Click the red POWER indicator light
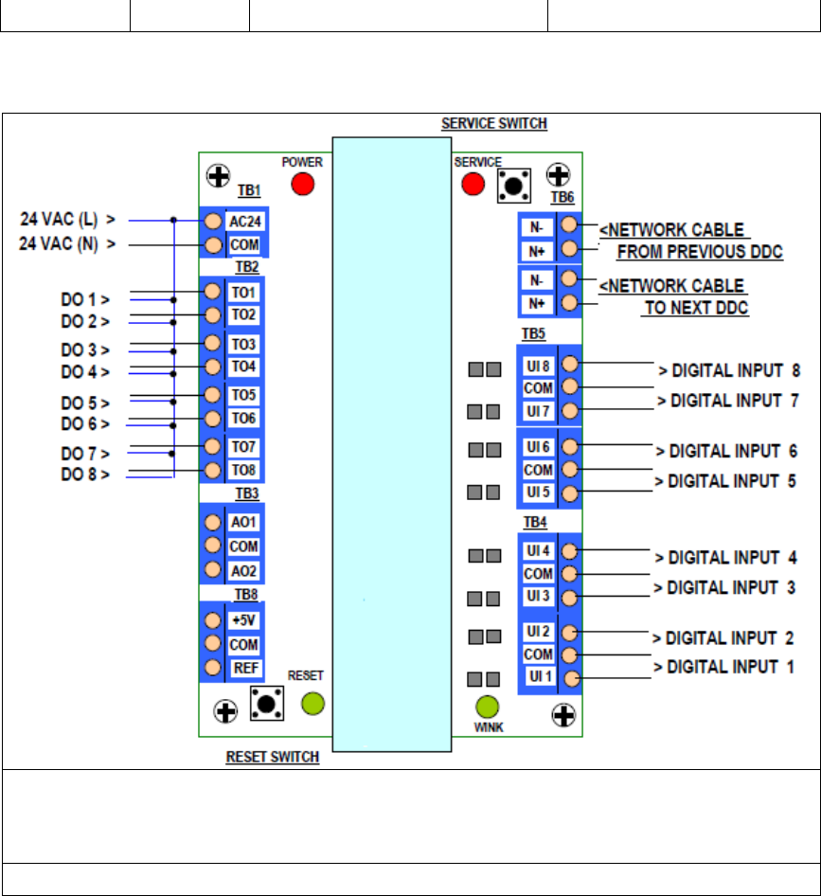(x=303, y=184)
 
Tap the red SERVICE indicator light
(x=473, y=184)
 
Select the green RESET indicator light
(x=313, y=704)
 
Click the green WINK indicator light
(x=488, y=707)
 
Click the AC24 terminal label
(x=245, y=221)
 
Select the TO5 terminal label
(x=243, y=395)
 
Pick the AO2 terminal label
(x=243, y=571)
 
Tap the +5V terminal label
(x=244, y=620)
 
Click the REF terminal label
(x=245, y=668)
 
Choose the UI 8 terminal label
(x=538, y=367)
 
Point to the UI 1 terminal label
(x=541, y=676)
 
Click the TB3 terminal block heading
(x=247, y=493)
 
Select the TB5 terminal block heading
(x=534, y=333)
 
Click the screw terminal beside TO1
(x=212, y=292)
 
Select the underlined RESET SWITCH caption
(x=273, y=757)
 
